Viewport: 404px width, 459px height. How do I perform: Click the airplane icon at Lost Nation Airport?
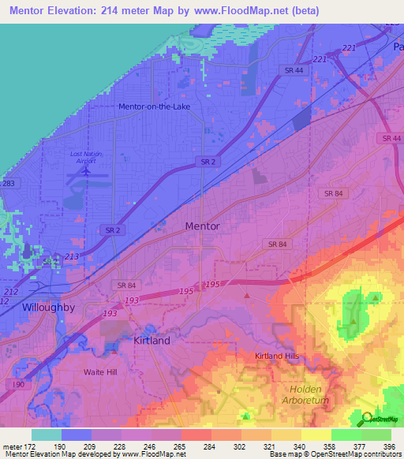[x=86, y=168]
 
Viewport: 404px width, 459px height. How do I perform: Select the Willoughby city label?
[x=48, y=308]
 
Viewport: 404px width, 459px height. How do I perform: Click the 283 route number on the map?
[x=7, y=183]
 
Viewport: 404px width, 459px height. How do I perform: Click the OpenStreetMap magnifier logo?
[x=368, y=419]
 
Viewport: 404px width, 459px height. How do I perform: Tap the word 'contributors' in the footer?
[x=380, y=454]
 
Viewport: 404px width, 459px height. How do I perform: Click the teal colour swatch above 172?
[x=47, y=435]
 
